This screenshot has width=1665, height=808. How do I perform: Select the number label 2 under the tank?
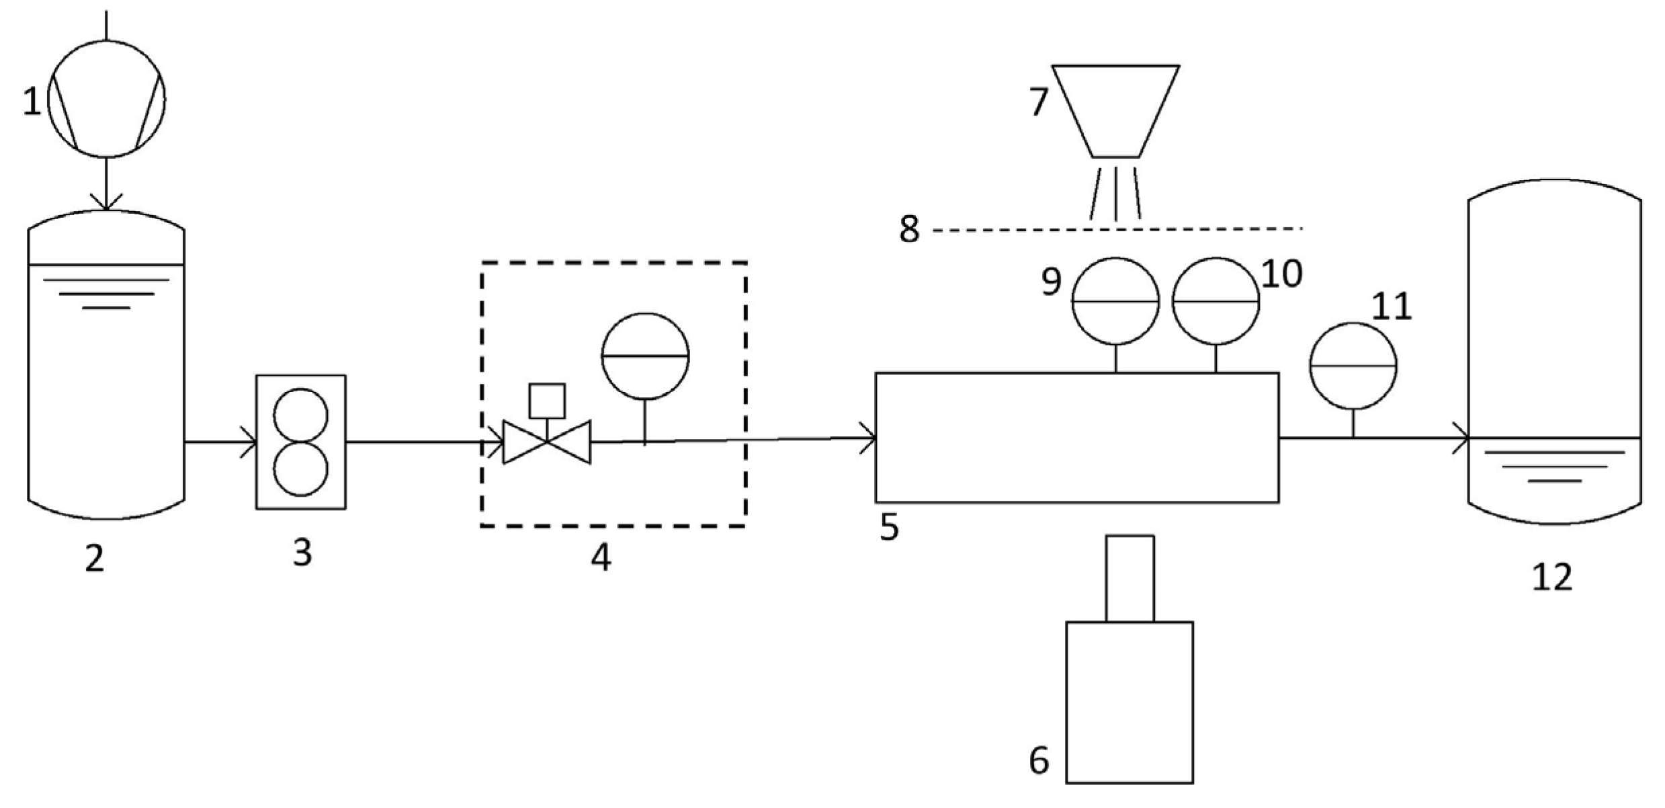[x=95, y=559]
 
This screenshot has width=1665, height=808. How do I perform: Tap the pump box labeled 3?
[x=301, y=442]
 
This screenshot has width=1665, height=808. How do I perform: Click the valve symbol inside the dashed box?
[x=547, y=442]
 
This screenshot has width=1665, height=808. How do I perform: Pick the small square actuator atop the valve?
[x=547, y=401]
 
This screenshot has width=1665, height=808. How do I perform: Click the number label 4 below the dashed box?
[x=601, y=557]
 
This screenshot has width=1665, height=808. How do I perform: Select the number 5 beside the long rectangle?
[x=889, y=528]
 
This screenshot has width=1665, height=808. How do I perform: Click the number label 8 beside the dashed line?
[x=909, y=229]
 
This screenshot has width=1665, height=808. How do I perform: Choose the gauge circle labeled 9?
[x=1115, y=301]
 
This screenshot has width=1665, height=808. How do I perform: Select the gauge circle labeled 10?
[x=1215, y=301]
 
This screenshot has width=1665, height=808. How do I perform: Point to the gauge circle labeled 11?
[x=1353, y=366]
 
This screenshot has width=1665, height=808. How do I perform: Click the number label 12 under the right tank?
[x=1552, y=577]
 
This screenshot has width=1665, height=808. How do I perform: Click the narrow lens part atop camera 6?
[x=1130, y=578]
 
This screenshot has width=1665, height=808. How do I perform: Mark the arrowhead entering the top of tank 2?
[x=107, y=202]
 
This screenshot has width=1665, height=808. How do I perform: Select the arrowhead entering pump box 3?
[x=249, y=442]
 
